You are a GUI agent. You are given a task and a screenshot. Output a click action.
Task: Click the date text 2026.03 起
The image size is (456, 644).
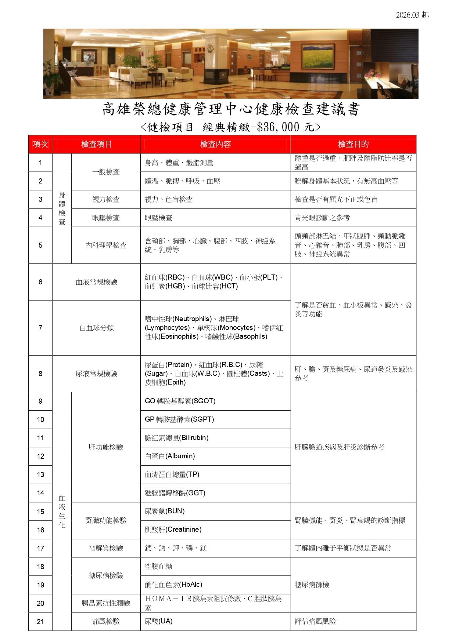[x=412, y=15]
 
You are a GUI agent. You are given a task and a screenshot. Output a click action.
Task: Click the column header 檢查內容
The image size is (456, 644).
[x=215, y=144]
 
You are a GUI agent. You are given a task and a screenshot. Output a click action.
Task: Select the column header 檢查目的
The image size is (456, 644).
[x=353, y=144]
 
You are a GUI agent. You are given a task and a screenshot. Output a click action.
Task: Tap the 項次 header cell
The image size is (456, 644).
[x=40, y=144]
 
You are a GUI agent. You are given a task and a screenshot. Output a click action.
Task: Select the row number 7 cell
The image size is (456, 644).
[x=40, y=328]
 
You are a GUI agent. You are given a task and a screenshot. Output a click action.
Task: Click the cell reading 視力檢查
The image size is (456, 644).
[x=106, y=199]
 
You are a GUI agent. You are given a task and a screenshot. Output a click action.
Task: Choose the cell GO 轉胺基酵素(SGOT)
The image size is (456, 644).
[x=180, y=401]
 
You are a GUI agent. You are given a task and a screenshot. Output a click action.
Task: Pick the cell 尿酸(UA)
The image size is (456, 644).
[x=158, y=621]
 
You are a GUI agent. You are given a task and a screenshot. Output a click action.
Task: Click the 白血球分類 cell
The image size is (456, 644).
[x=97, y=328]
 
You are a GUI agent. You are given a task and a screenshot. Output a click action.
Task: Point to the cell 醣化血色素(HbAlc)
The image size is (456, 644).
[x=173, y=585]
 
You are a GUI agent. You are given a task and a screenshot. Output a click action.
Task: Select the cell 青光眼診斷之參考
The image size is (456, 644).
[x=322, y=218]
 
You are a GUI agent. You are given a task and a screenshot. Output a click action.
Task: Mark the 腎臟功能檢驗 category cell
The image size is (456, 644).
[x=106, y=520]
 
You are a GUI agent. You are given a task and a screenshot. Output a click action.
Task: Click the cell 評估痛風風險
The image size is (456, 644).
[x=315, y=621]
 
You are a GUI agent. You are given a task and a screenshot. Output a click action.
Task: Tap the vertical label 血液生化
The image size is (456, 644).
[x=62, y=511]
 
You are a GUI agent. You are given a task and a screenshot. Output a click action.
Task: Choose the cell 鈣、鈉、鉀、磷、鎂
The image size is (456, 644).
[x=176, y=548]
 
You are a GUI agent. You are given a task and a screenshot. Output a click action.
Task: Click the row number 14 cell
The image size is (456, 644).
[x=40, y=493]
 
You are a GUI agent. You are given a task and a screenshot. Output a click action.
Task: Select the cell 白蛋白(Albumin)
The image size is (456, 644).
[x=170, y=456]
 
